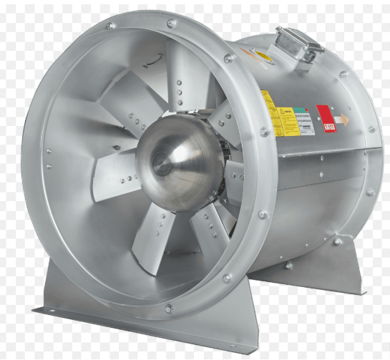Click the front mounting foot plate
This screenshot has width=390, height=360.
tap(107, 315)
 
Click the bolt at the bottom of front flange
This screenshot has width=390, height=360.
tap(169, 308)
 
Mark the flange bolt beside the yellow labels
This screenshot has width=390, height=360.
tap(263, 132)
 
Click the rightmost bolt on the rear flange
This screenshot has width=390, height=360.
tap(371, 130)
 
